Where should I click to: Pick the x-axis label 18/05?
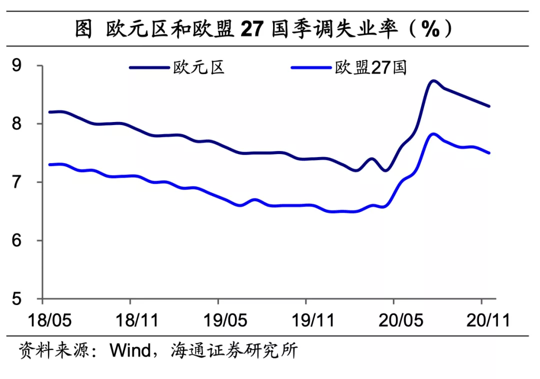(x=42, y=320)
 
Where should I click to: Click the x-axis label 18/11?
(x=130, y=320)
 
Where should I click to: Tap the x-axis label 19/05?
(x=218, y=320)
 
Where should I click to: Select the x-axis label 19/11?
(x=306, y=320)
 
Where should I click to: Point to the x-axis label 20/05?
(x=393, y=320)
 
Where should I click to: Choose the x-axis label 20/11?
(x=481, y=320)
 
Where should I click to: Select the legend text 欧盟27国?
(x=370, y=67)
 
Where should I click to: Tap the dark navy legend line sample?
(x=149, y=67)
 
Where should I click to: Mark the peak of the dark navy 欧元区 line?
(x=433, y=80)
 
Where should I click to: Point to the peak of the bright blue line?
(x=433, y=134)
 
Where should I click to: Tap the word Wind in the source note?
(x=130, y=350)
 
